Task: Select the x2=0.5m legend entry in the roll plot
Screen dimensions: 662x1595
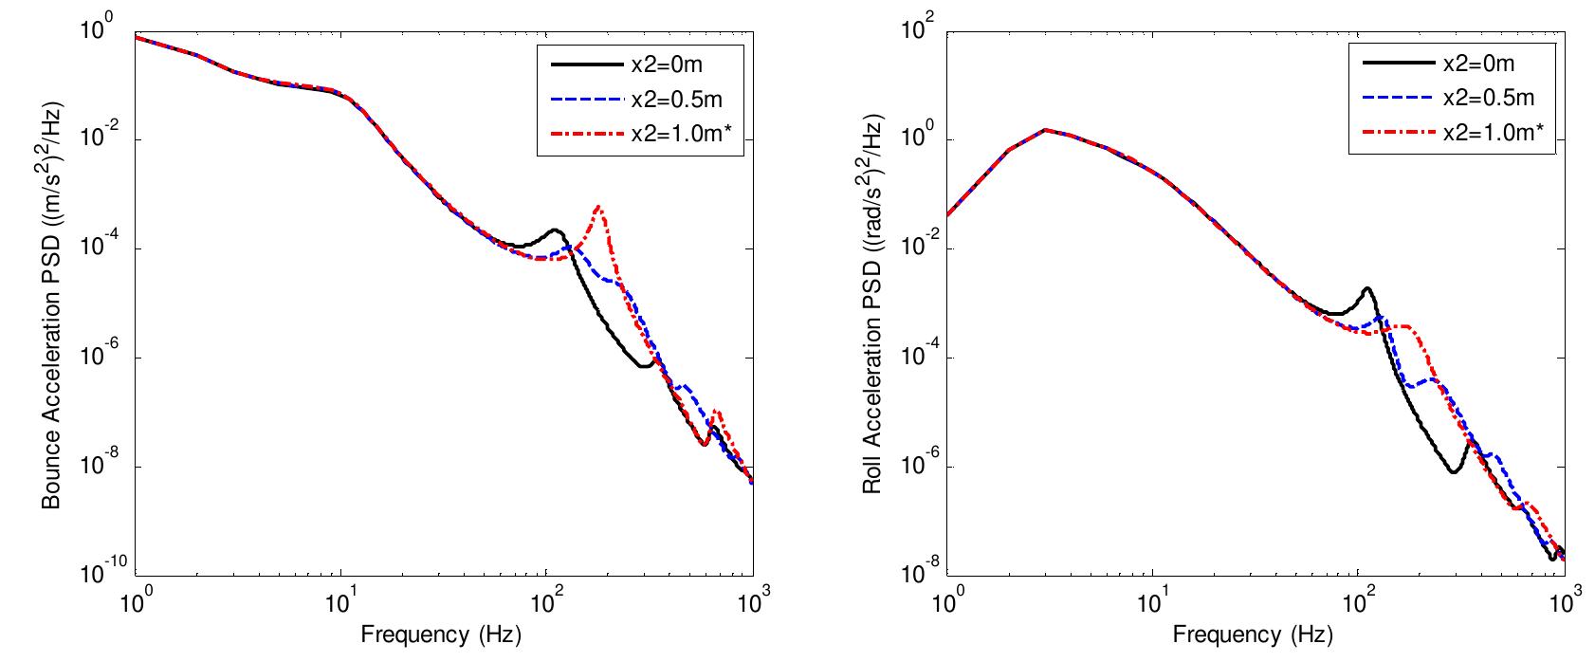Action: [x=1487, y=99]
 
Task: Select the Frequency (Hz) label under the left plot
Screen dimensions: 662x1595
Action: [x=442, y=634]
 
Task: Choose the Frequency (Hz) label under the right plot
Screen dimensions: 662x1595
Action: [x=1254, y=634]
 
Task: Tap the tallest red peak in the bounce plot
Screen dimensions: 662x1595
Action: [x=599, y=206]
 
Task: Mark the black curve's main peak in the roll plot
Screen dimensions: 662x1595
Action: [x=1366, y=288]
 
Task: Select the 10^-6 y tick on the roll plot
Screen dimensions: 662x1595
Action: [x=921, y=465]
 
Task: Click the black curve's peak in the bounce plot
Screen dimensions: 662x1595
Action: [x=556, y=230]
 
